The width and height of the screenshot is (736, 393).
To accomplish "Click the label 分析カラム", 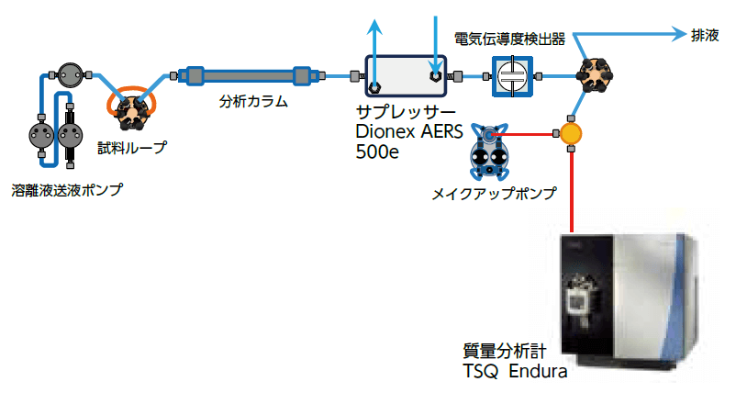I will pos(253,102).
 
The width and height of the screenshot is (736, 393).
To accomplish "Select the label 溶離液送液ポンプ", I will pos(67,189).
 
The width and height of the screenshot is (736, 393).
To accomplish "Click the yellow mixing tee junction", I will pos(571,135).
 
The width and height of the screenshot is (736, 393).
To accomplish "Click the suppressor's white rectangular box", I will pos(405,74).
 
